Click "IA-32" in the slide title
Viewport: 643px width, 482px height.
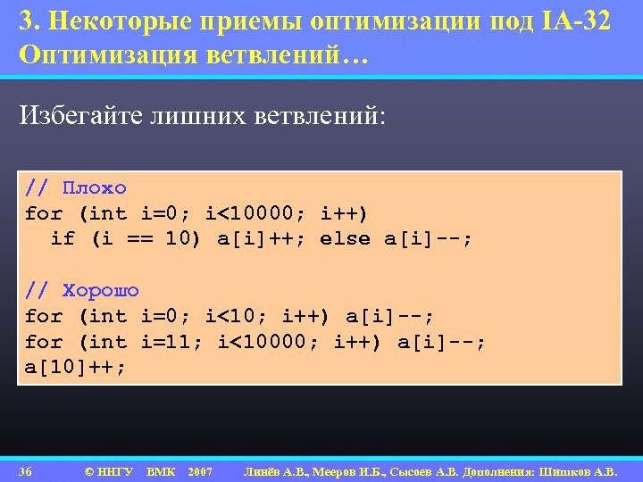pos(576,22)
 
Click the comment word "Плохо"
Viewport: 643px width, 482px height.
pos(95,188)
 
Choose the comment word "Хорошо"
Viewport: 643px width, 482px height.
pos(101,291)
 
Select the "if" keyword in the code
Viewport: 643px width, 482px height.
pos(63,238)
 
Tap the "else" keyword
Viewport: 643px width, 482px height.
pos(345,238)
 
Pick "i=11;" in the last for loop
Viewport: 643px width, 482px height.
pos(172,342)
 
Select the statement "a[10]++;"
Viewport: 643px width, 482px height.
pos(76,367)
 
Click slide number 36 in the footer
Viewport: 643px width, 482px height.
pos(26,470)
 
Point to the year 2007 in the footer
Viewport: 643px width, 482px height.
pos(200,470)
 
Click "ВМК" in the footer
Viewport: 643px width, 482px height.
pos(161,470)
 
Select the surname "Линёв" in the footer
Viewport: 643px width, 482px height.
pos(265,470)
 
